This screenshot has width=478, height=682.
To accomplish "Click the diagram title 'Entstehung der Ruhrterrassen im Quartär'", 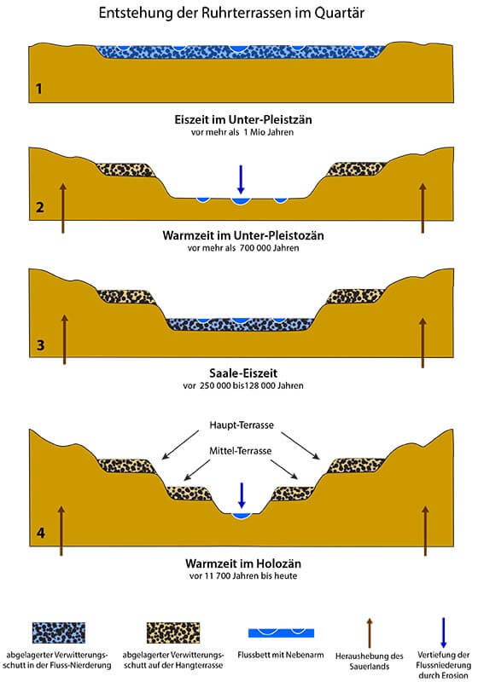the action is [231, 13].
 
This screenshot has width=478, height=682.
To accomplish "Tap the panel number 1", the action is [38, 89].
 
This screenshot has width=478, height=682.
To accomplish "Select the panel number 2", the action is [39, 207].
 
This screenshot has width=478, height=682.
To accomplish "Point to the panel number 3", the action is [40, 345].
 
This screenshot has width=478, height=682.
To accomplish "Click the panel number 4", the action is [40, 533].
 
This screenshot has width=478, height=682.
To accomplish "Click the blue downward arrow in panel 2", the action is [241, 179].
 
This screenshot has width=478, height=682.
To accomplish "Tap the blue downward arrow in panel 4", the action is [242, 495].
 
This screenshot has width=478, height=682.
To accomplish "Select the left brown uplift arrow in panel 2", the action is [63, 208].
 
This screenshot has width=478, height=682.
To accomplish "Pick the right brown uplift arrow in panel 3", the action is [423, 343].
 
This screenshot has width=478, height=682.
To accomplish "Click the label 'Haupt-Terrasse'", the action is [242, 425].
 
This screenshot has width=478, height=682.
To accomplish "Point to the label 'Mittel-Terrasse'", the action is [241, 451].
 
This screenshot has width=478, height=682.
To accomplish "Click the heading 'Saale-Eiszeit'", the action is [243, 373].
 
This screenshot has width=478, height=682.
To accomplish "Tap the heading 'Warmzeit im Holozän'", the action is [243, 564].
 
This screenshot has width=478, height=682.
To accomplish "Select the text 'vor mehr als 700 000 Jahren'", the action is [243, 248].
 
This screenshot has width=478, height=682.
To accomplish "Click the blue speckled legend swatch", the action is [59, 633].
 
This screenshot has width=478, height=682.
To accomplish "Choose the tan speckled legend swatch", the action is [173, 633].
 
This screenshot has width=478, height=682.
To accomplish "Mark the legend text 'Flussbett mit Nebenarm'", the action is [281, 655].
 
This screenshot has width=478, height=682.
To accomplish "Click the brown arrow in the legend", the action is [370, 633].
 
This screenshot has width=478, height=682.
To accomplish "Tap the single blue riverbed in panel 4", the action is [242, 516].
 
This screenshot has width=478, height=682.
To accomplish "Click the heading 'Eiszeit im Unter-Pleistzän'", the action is [243, 119].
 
